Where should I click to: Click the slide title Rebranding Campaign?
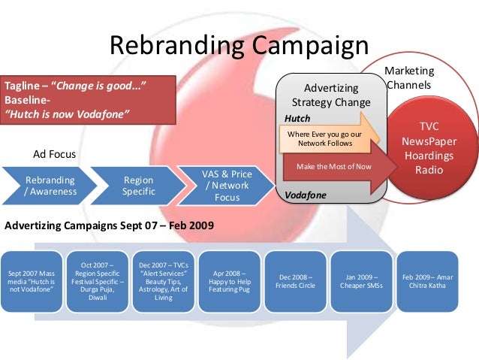pyautogui.click(x=239, y=45)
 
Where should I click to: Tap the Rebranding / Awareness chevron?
pyautogui.click(x=50, y=186)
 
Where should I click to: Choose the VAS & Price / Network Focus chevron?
pyautogui.click(x=226, y=186)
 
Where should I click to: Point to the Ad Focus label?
pyautogui.click(x=54, y=154)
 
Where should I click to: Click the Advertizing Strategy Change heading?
pyautogui.click(x=331, y=95)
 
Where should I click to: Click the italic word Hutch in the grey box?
pyautogui.click(x=297, y=118)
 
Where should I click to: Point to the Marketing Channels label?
pyautogui.click(x=408, y=77)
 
